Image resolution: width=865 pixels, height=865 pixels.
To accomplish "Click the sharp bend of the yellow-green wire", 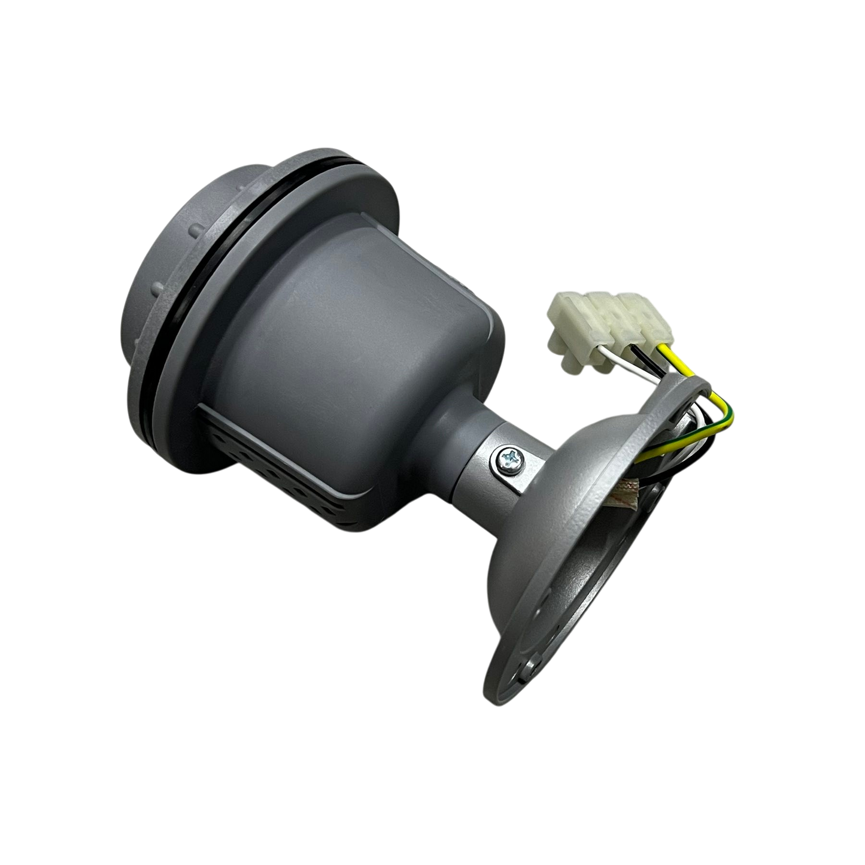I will point(731,413).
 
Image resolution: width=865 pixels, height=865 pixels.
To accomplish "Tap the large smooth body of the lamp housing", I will point(335,335).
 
